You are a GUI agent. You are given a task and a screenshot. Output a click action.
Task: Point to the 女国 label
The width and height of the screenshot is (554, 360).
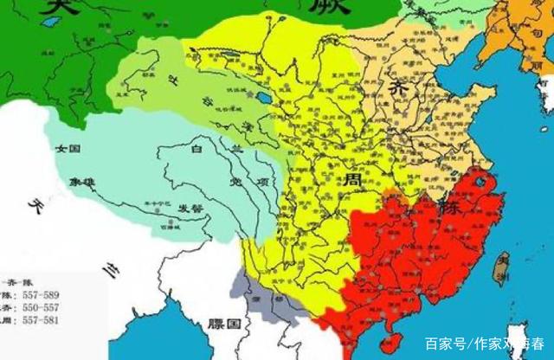point(67,150)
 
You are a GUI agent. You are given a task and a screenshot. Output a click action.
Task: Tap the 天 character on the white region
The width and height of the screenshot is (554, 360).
point(35,208)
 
